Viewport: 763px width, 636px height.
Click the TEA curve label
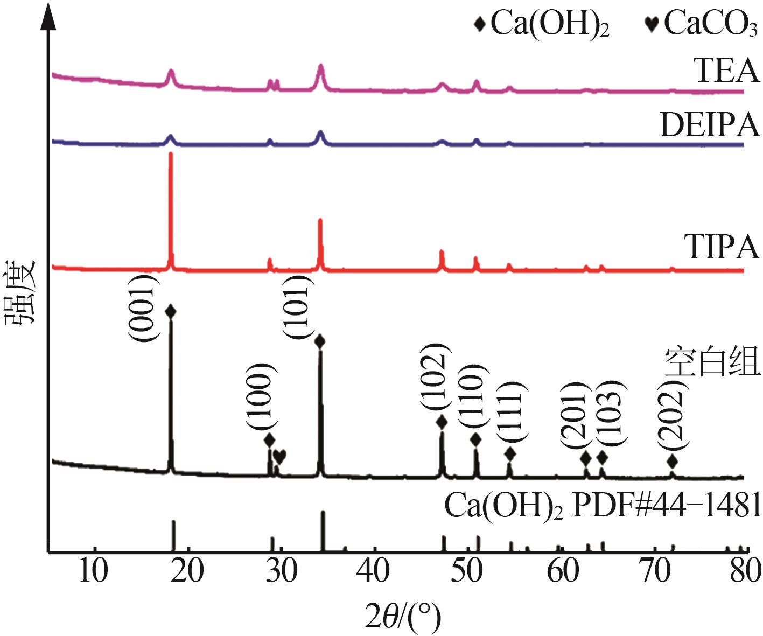(x=726, y=71)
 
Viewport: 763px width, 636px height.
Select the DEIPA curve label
(x=709, y=125)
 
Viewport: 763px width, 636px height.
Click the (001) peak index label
(x=143, y=307)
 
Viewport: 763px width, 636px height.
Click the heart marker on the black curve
(x=279, y=456)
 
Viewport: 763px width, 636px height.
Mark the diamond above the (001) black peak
(x=171, y=311)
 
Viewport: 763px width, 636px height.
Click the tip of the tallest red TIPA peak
(x=171, y=154)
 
